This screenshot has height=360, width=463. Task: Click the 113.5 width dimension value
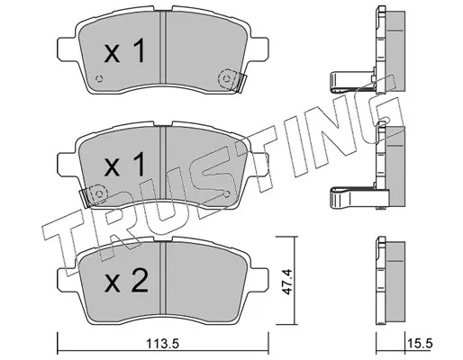pyautogui.click(x=162, y=344)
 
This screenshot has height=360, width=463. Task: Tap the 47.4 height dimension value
pyautogui.click(x=287, y=282)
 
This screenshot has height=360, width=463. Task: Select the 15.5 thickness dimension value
pyautogui.click(x=421, y=344)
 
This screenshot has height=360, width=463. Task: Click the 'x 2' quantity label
pyautogui.click(x=126, y=281)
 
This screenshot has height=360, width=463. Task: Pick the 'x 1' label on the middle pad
pyautogui.click(x=124, y=165)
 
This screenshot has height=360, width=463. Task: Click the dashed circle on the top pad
pyautogui.click(x=227, y=79)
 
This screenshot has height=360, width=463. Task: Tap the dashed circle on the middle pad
pyautogui.click(x=98, y=193)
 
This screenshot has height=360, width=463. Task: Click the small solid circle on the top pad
pyautogui.click(x=98, y=79)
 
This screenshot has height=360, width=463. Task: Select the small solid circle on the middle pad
pyautogui.click(x=227, y=193)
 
